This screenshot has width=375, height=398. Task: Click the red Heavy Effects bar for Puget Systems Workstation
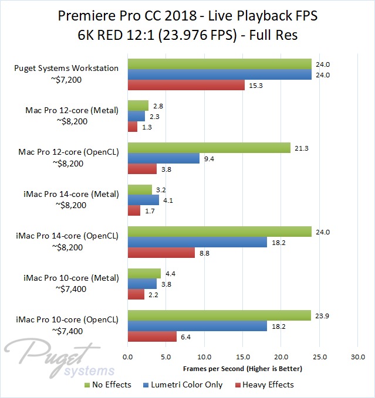coord(186,86)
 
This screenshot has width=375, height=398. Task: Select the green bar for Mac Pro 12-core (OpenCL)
coord(209,148)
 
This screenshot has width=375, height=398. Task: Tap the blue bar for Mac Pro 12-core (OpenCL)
coord(164,158)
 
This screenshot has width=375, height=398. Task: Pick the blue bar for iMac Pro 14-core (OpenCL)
coord(197,242)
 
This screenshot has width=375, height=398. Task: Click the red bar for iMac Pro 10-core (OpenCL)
coord(152,336)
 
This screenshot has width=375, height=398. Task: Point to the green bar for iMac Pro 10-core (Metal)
coord(144,273)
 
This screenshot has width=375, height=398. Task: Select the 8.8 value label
coord(204,253)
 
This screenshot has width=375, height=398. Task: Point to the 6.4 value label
coord(185,336)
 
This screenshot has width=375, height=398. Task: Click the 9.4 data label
coord(208,158)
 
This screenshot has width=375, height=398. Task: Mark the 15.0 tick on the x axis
coord(243,357)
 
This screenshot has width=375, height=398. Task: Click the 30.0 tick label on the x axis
coord(358,357)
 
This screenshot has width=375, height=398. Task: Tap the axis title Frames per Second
coord(242,369)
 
